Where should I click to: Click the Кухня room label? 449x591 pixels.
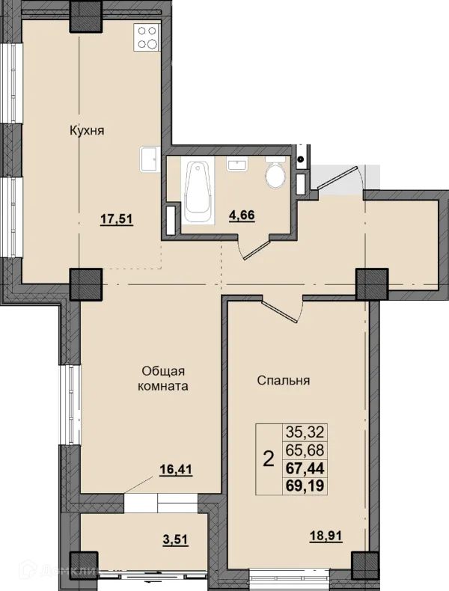tap(87, 131)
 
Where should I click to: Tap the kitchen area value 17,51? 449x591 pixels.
tap(117, 218)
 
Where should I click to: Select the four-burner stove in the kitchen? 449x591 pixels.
tap(147, 37)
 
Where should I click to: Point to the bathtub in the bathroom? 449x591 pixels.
tap(198, 191)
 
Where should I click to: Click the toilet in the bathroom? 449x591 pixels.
tap(276, 173)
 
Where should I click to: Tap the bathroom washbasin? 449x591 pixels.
tap(236, 164)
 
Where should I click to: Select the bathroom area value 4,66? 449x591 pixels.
tap(242, 215)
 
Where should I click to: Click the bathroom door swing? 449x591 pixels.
tap(256, 247)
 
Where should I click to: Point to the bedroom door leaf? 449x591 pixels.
tap(280, 312)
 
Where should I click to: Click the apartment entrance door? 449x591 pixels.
tap(337, 177)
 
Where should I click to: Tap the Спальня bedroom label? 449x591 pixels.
tap(284, 380)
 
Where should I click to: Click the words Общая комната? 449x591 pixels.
tap(163, 379)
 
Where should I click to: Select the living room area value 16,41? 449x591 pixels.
tap(176, 470)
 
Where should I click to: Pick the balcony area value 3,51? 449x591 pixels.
tap(175, 539)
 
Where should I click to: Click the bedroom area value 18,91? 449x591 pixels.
tap(326, 536)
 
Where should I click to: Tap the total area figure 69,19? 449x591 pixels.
tap(305, 486)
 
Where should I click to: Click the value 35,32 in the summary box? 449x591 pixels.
tap(305, 432)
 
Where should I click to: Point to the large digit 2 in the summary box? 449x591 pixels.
tap(268, 459)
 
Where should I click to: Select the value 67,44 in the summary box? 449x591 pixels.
tap(305, 468)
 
